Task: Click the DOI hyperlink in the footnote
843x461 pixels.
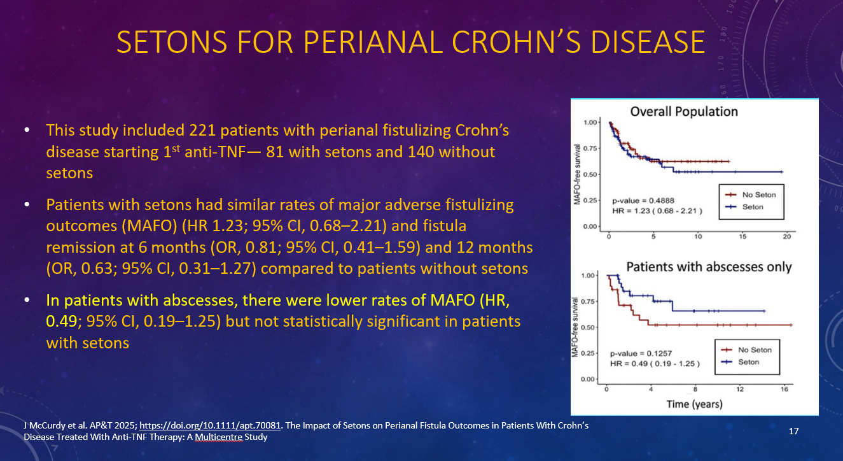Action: tap(209, 425)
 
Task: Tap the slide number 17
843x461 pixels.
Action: tap(793, 431)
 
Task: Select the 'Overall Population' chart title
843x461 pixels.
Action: tap(684, 112)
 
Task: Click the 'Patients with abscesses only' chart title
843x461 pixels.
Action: tap(709, 267)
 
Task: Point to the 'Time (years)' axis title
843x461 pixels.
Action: tap(694, 404)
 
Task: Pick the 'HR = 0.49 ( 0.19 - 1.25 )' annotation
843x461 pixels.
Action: tap(655, 364)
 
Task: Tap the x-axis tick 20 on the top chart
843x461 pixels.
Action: tap(786, 237)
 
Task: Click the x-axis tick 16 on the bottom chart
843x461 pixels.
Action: tap(784, 388)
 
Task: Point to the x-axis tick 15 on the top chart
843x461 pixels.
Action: tap(742, 237)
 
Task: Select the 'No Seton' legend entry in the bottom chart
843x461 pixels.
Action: tap(755, 350)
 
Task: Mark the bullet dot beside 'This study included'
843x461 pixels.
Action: tap(27, 131)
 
